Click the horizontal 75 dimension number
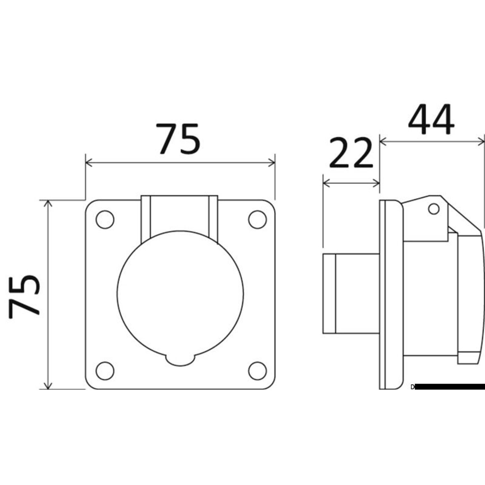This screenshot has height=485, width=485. [178, 139]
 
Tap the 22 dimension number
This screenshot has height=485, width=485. [351, 153]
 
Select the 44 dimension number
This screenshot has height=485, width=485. [431, 119]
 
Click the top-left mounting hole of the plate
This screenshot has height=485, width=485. [105, 219]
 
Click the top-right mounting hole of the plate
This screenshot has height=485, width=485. [257, 219]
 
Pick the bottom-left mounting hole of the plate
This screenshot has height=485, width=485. [105, 371]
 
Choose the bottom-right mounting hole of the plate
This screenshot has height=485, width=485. [257, 371]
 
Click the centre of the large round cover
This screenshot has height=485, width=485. [180, 294]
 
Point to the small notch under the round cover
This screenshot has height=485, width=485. [180, 360]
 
